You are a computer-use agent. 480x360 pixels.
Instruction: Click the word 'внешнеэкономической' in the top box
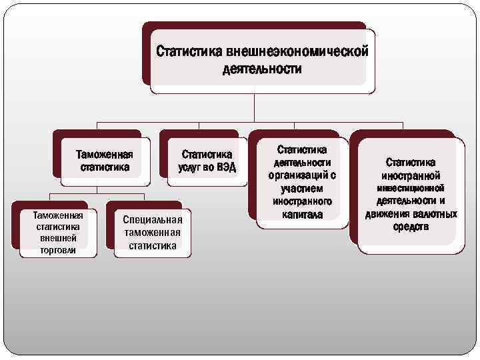[x=297, y=51]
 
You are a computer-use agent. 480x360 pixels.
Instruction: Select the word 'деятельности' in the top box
[x=262, y=69]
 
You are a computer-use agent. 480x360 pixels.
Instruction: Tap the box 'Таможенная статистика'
[x=105, y=161]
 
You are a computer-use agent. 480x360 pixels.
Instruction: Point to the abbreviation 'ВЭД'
[x=226, y=167]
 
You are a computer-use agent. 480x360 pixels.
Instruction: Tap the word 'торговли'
[x=58, y=250]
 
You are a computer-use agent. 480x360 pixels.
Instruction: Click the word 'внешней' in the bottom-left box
[x=58, y=239]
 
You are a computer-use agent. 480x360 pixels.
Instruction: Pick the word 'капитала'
[x=302, y=215]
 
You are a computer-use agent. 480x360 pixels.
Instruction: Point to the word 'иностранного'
[x=302, y=201]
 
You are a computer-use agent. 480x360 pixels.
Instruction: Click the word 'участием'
[x=302, y=189]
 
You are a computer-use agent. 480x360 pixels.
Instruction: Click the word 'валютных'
[x=434, y=214]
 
